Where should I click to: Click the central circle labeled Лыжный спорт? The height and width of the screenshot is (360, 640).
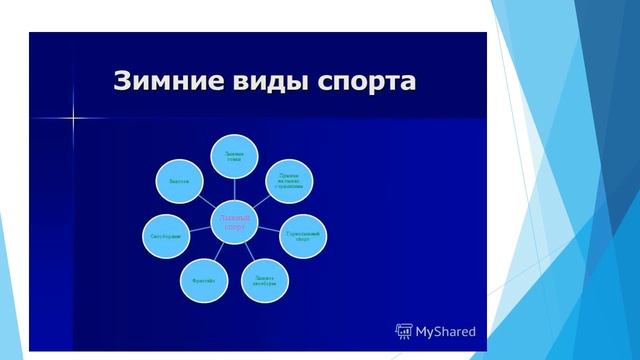(234, 219)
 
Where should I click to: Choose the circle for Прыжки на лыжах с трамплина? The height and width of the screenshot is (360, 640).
(289, 179)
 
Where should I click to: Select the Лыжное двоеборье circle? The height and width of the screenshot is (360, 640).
(265, 281)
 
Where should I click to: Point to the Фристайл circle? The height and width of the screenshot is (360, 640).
(205, 281)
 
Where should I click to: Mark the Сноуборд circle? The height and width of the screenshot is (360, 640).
(166, 235)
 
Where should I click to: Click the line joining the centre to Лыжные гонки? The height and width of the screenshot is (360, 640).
(236, 189)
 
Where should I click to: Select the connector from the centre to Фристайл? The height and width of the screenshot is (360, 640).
(219, 251)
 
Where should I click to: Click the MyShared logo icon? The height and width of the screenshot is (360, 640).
(405, 331)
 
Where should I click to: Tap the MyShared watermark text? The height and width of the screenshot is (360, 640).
(446, 331)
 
